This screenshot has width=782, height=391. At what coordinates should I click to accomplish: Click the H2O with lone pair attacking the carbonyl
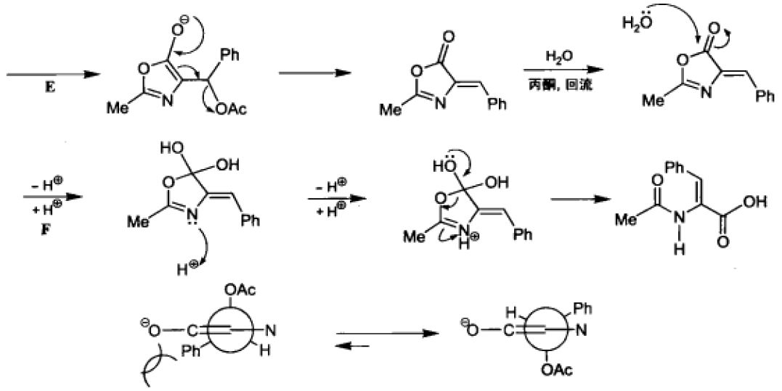pyautogui.click(x=637, y=23)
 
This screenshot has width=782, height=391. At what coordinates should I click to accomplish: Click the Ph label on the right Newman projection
pyautogui.click(x=582, y=310)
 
